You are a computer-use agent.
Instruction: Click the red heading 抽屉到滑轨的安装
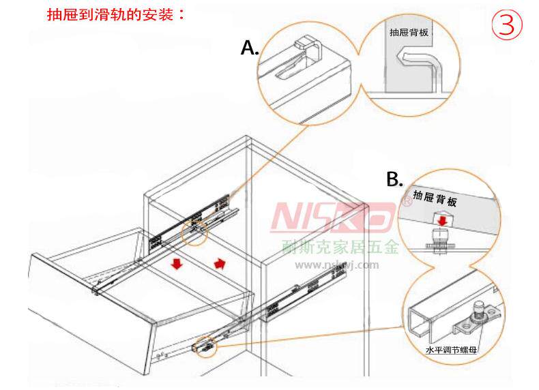(x=115, y=14)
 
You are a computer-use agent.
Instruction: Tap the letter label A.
(x=250, y=47)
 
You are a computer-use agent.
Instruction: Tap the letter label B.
(x=394, y=179)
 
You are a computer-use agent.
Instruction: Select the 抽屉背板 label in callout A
(x=410, y=32)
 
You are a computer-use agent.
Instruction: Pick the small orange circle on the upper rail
(x=195, y=232)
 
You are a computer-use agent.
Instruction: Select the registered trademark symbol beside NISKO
(x=405, y=202)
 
